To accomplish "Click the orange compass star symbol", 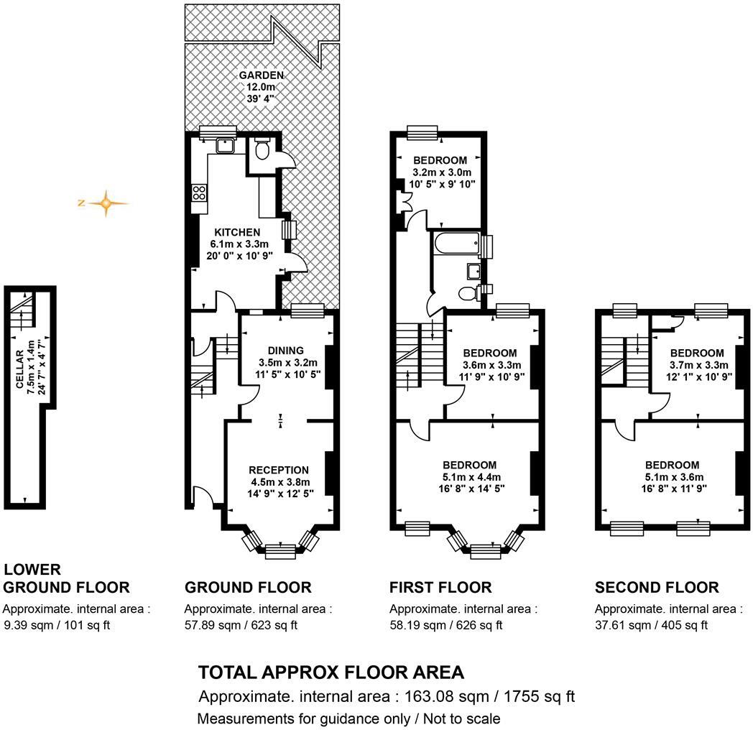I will point(106,203).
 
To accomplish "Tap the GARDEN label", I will point(261,75).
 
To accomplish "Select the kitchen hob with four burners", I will point(199,193).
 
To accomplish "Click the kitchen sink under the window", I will point(227,145).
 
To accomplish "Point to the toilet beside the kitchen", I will point(262,151).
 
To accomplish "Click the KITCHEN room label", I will point(237,232).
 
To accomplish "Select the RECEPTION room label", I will point(280,471).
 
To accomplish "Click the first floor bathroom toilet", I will point(469,292).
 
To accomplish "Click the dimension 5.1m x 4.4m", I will point(469,477).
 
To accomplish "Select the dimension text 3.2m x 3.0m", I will point(440,172).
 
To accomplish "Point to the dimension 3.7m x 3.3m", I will point(696,365).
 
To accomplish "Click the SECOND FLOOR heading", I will point(656,588).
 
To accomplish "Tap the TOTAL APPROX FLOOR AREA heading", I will point(331,673).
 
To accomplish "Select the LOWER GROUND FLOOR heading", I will point(67,578).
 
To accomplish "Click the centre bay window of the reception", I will point(280,551).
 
